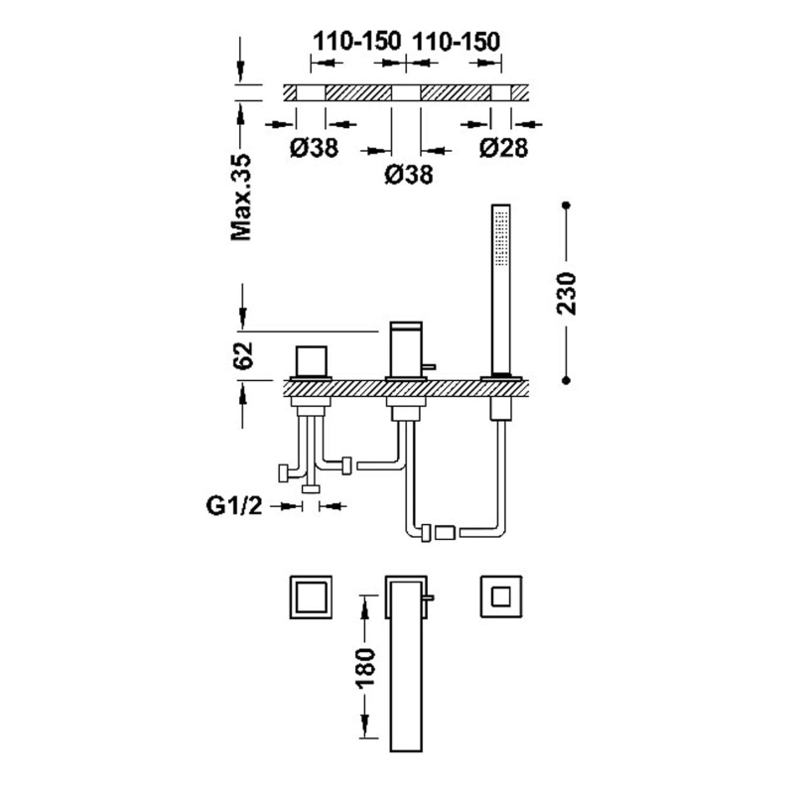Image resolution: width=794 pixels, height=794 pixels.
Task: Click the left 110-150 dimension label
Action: click(356, 42)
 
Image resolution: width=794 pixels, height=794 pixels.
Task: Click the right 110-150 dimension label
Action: click(457, 42)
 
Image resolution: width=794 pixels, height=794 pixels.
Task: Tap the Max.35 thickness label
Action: click(241, 197)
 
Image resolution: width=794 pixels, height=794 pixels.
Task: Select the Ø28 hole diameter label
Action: click(503, 148)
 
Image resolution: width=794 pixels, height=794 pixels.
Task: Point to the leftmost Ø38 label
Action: click(314, 148)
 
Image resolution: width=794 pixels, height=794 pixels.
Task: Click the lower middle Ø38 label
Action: click(409, 175)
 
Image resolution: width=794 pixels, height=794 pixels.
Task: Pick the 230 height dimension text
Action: click(567, 294)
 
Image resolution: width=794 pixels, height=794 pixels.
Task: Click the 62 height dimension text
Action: click(244, 355)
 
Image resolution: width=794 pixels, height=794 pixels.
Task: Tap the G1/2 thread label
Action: click(234, 505)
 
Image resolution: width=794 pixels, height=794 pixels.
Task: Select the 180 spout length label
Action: click(365, 667)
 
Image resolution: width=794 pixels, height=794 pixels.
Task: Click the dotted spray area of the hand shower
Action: click(502, 237)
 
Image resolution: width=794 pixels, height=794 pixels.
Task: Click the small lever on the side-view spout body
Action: click(429, 365)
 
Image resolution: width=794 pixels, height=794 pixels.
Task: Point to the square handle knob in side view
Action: click(312, 362)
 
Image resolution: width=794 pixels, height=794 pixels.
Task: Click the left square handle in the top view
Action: click(311, 596)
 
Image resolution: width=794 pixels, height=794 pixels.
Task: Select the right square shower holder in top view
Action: click(501, 596)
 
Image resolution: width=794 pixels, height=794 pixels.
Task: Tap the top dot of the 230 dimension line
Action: click(566, 205)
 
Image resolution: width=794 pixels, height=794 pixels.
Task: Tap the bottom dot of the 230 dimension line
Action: click(566, 380)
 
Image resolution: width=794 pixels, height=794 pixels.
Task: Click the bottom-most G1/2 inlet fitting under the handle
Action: click(311, 488)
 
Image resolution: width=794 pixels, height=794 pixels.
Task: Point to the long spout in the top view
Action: click(406, 663)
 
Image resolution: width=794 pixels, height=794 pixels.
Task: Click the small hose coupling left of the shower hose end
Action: click(445, 533)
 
